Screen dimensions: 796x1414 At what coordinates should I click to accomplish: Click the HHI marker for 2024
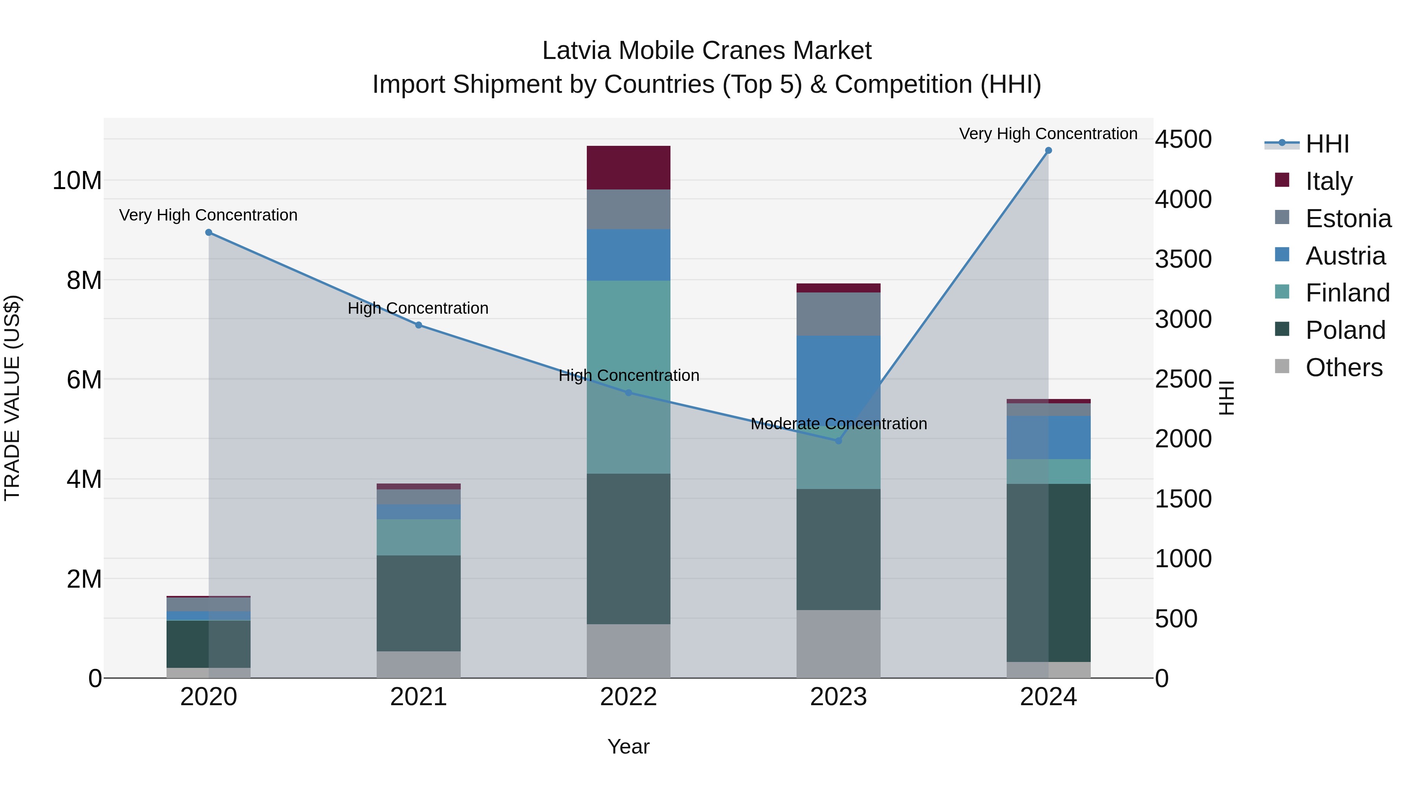coord(1048,151)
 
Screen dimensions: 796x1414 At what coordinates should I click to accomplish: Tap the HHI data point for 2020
coord(209,232)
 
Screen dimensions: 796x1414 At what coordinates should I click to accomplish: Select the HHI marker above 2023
coord(838,441)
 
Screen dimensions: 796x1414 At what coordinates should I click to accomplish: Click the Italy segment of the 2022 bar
coord(628,167)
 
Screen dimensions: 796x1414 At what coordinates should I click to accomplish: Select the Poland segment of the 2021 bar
coord(418,603)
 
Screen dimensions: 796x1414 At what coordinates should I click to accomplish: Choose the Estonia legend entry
coord(1348,219)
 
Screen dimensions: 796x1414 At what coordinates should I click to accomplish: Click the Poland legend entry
coord(1345,330)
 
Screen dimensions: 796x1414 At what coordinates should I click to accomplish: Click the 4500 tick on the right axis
coord(1183,139)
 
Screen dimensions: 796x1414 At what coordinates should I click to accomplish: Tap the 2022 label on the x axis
coord(628,697)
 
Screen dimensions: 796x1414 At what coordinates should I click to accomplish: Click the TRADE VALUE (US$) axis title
coord(12,398)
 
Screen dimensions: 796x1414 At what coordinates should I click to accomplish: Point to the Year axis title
coord(628,746)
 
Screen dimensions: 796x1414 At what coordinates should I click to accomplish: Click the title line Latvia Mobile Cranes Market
coord(707,51)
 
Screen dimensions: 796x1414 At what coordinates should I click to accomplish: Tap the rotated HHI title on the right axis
coord(1226,398)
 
